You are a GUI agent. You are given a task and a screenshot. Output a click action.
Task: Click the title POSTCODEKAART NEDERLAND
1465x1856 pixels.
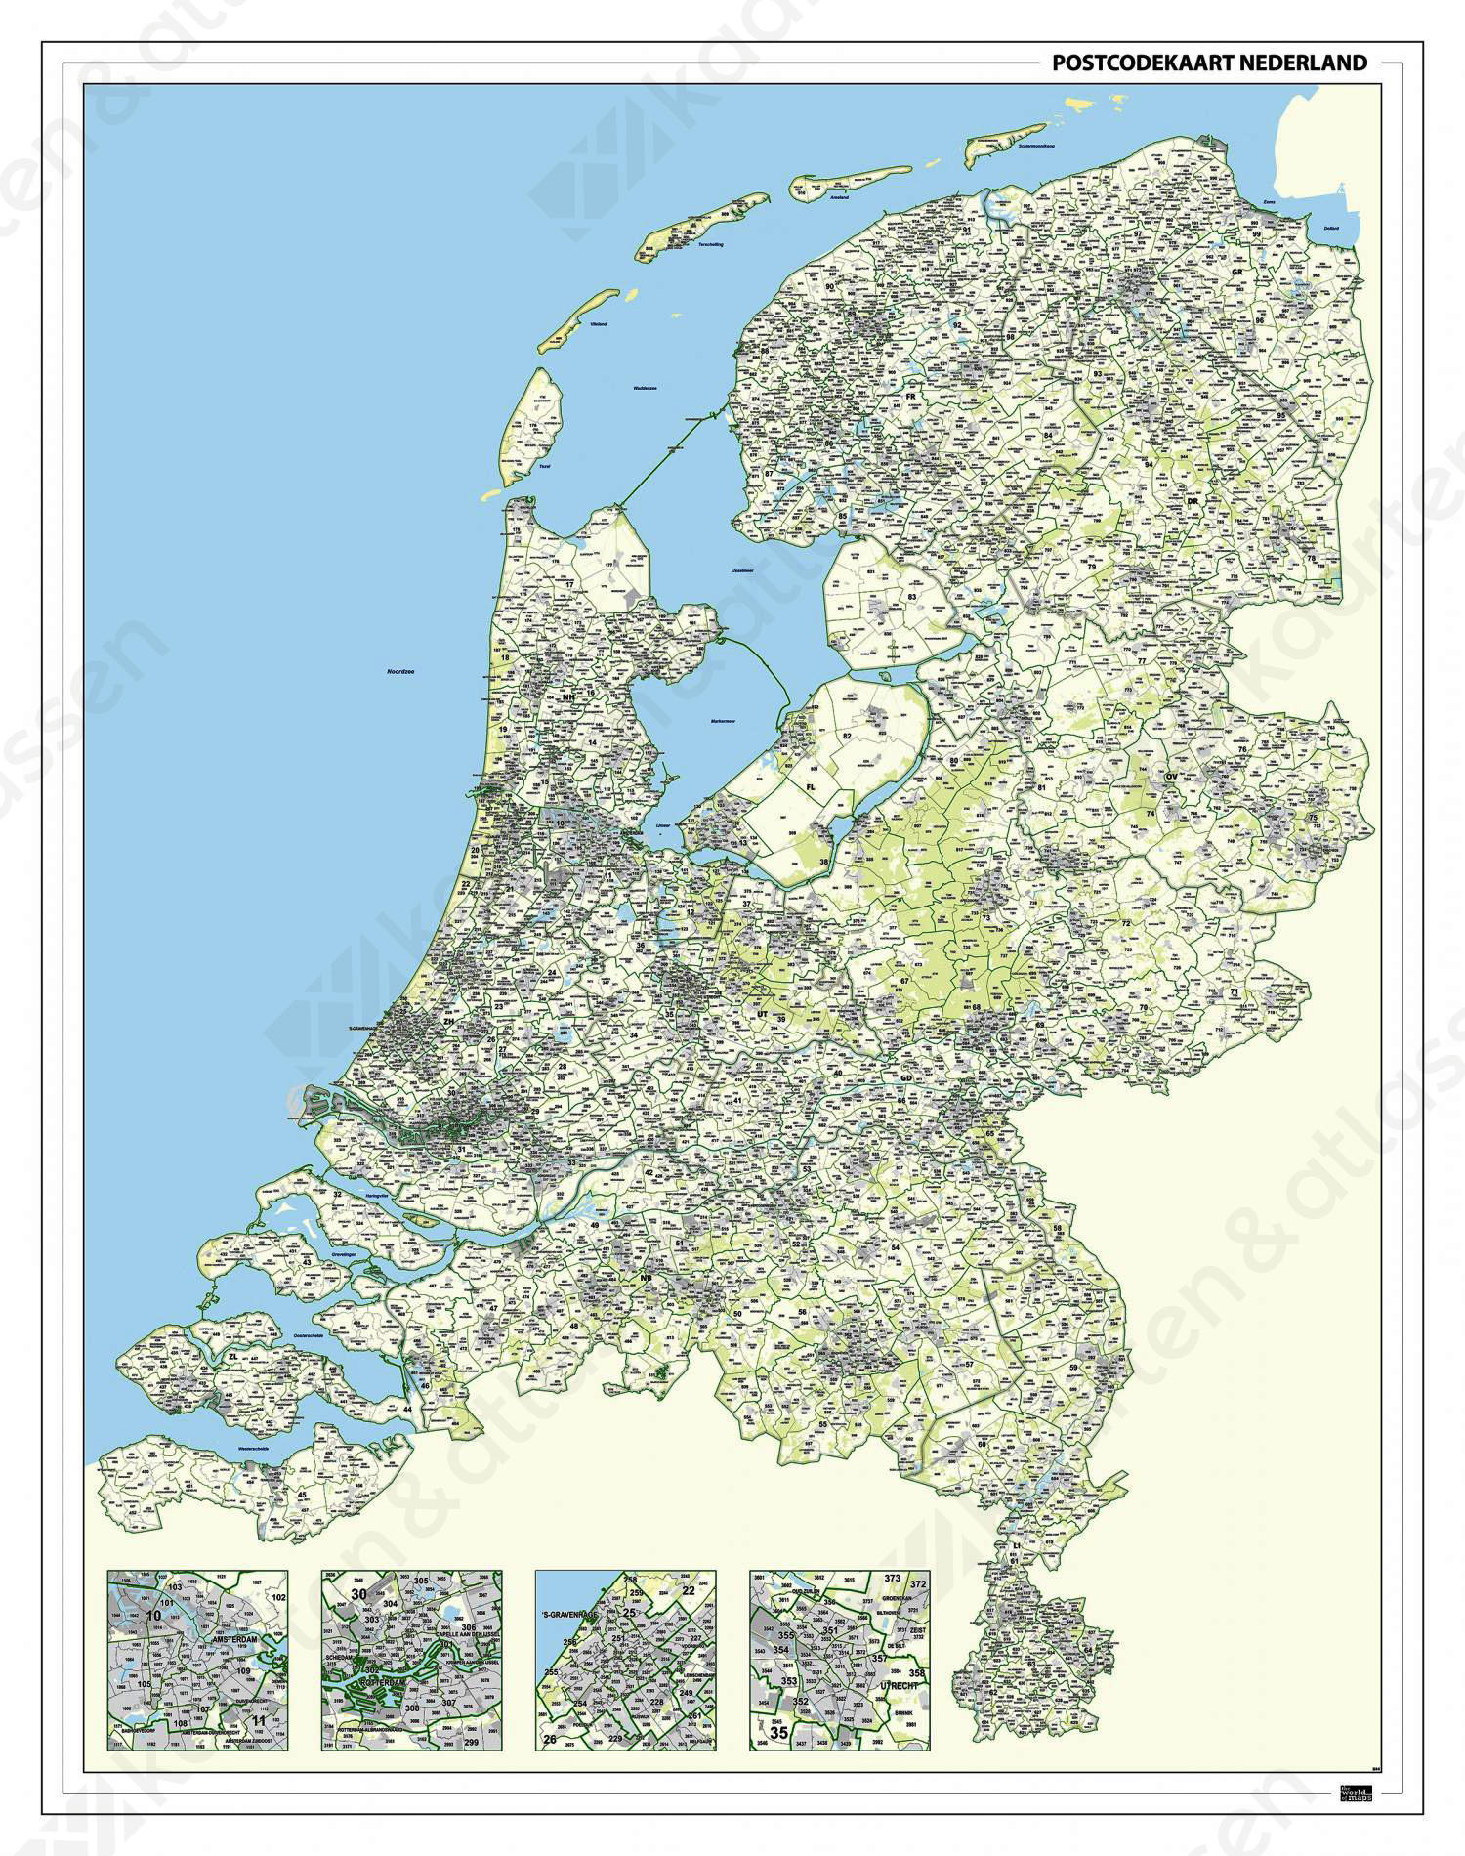tap(1209, 63)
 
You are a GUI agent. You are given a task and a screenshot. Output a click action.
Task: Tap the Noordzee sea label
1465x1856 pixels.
tap(400, 672)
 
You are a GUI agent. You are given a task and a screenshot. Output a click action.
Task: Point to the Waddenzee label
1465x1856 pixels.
tap(643, 389)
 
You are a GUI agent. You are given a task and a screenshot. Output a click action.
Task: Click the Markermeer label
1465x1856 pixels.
tap(724, 722)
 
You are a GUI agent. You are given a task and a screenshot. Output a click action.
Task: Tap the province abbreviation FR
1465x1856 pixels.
tap(910, 397)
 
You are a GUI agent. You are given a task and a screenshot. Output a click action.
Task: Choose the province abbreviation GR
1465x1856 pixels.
tap(1237, 273)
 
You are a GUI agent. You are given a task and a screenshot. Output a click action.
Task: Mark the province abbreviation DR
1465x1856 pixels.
tap(1193, 502)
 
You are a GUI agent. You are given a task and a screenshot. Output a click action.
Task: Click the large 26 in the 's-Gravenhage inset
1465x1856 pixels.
tap(550, 1740)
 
